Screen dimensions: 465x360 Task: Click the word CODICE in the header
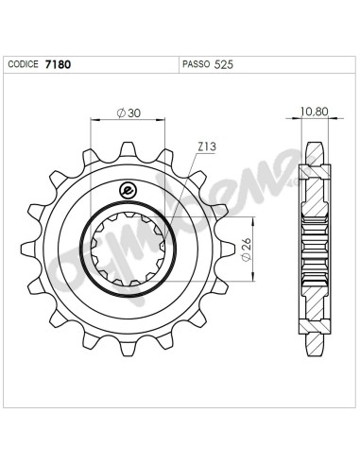click(24, 66)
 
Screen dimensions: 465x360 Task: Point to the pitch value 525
click(225, 66)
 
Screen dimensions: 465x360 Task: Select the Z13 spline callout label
click(207, 147)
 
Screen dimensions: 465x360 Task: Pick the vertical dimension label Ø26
click(247, 251)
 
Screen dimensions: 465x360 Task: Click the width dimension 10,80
click(314, 112)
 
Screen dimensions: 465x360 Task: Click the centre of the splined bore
click(129, 251)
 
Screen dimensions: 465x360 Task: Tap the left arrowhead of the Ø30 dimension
click(94, 120)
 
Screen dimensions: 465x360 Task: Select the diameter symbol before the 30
click(121, 113)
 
